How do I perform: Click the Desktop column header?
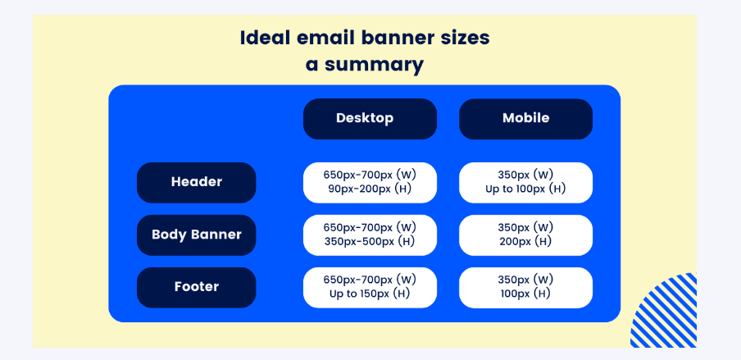pos(370,118)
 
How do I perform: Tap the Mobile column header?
pos(525,118)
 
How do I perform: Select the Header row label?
pos(196,182)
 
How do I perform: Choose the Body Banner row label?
pos(196,235)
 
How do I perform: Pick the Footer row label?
pos(196,287)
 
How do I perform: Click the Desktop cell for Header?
pos(370,182)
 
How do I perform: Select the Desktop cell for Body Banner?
pos(370,235)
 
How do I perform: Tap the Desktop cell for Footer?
pos(370,287)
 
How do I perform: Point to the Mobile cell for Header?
pos(525,182)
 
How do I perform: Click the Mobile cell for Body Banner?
pos(525,235)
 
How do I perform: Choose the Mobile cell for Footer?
pos(525,287)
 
